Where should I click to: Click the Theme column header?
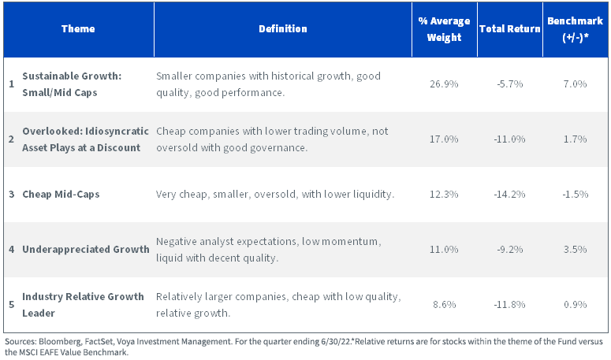coord(78,29)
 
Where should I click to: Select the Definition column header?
coord(283,29)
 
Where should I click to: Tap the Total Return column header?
coord(509,29)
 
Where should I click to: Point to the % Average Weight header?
coord(444,29)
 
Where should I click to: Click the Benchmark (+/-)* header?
coord(576,29)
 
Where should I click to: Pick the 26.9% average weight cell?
coord(444,84)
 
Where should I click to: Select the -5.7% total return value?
coord(509,84)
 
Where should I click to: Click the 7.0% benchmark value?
coord(576,84)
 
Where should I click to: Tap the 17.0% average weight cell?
coord(444,139)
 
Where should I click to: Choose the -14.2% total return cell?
coord(509,195)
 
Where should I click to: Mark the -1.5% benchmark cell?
coord(576,195)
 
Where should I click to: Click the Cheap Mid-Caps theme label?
coord(61,195)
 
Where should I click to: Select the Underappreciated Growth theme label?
coord(86,250)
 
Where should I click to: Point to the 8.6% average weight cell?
coord(444,304)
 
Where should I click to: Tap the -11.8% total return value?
coord(509,304)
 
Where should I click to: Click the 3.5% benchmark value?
coord(576,250)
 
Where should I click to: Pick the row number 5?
coord(12,304)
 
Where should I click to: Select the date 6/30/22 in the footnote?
coord(337,342)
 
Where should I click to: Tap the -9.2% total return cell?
coord(509,250)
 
